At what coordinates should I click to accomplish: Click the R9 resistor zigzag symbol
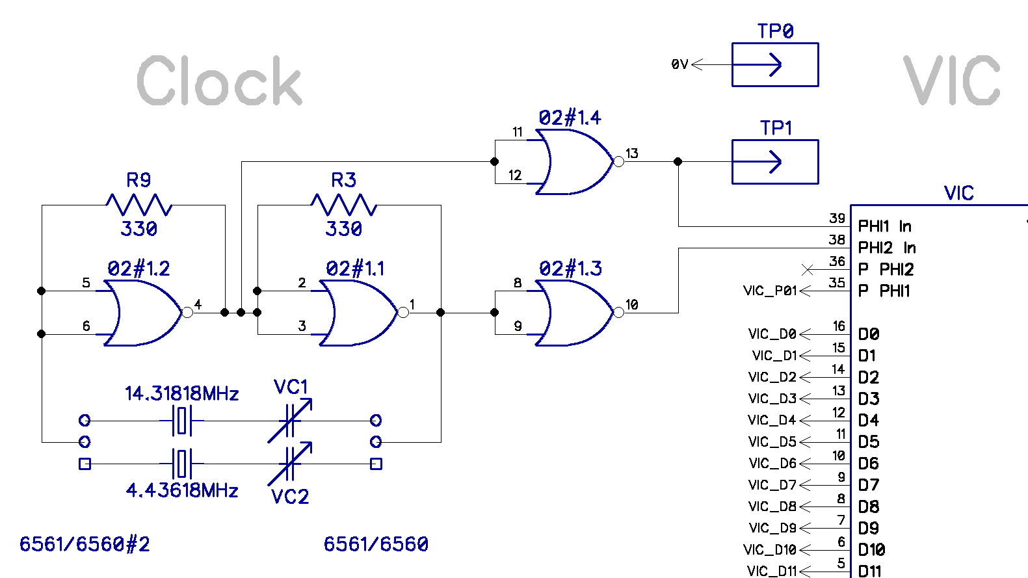[138, 205]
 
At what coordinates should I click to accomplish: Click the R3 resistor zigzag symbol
[344, 205]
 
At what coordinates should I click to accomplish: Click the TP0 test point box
[775, 64]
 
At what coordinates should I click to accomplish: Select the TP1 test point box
[775, 162]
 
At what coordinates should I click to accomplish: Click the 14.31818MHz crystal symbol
[182, 421]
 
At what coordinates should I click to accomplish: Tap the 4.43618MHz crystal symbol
[182, 464]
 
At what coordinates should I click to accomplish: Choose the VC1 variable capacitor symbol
[290, 421]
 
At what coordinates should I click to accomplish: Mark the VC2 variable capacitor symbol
[290, 464]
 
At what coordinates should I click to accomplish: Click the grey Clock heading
[219, 81]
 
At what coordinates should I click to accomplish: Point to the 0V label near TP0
[679, 64]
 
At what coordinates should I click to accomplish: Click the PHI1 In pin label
[884, 226]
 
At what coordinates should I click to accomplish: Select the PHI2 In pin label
[886, 248]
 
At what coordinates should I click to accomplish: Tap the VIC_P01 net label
[770, 291]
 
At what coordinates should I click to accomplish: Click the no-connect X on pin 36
[808, 269]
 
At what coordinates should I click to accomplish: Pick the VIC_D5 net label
[772, 442]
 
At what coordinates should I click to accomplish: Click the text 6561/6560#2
[85, 544]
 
